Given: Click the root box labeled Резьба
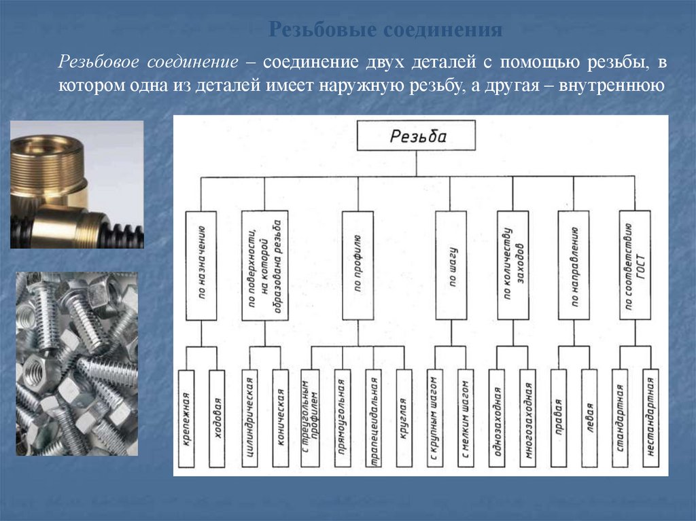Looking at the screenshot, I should pyautogui.click(x=417, y=137).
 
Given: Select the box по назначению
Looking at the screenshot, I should pyautogui.click(x=201, y=265).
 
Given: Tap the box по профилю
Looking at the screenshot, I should pyautogui.click(x=358, y=265).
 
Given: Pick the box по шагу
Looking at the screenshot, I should pyautogui.click(x=451, y=265).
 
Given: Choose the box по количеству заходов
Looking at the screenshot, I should pyautogui.click(x=513, y=265).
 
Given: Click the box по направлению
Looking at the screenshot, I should pyautogui.click(x=574, y=265).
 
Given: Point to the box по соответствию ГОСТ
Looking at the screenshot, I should pyautogui.click(x=635, y=265).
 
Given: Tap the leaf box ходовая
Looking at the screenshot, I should pyautogui.click(x=216, y=418).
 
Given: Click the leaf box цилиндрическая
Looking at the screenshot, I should pyautogui.click(x=249, y=418).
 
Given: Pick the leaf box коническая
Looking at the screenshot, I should pyautogui.click(x=280, y=418).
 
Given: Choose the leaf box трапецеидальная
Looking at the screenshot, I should pyautogui.click(x=373, y=418).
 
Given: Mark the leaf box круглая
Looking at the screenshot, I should pyautogui.click(x=404, y=418).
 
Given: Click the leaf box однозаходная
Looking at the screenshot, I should pyautogui.click(x=497, y=418).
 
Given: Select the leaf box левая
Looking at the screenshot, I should pyautogui.click(x=589, y=418).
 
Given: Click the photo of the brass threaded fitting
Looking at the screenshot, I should pyautogui.click(x=77, y=184).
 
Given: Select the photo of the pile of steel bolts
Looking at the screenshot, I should pyautogui.click(x=77, y=363).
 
